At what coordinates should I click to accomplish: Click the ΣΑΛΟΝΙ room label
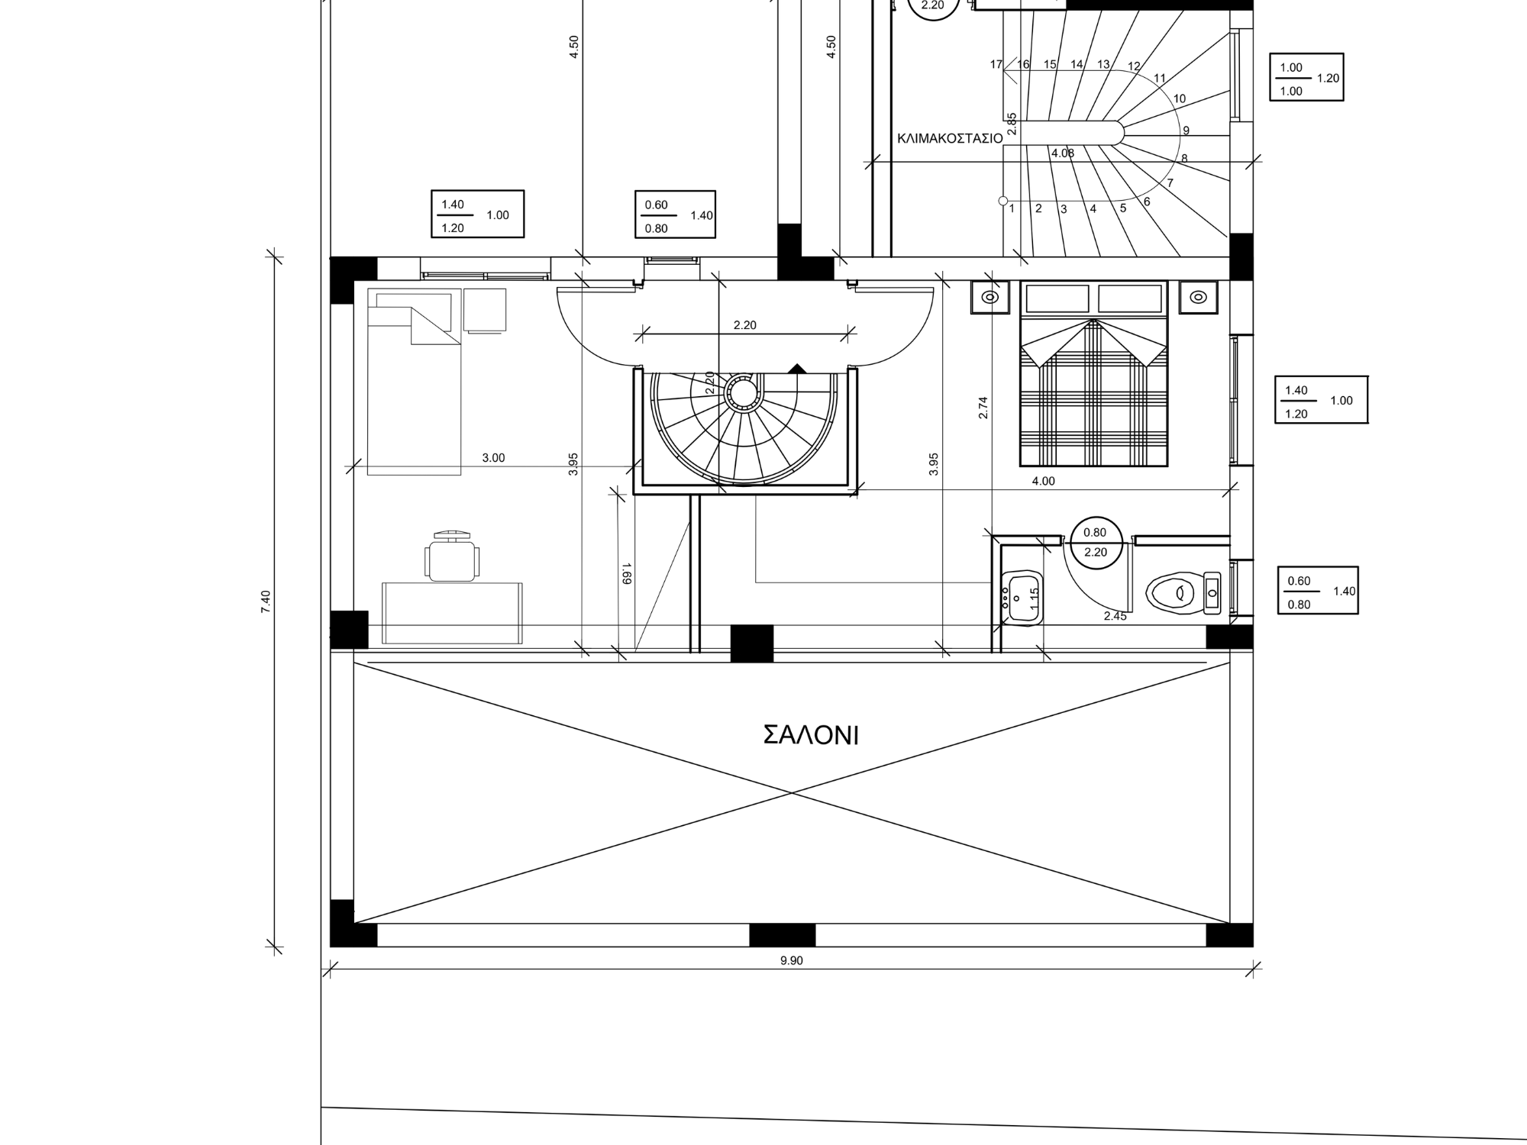tap(811, 735)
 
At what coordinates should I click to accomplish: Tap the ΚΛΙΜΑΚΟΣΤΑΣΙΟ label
tap(950, 139)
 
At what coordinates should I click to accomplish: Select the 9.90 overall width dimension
tap(792, 960)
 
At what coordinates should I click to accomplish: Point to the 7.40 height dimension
tap(266, 602)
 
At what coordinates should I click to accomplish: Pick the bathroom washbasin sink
tap(1022, 598)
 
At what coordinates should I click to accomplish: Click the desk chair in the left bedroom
tap(452, 556)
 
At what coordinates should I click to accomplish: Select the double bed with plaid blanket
tap(1093, 373)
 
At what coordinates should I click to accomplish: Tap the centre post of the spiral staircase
tap(741, 393)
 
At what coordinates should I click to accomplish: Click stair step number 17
tap(996, 65)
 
